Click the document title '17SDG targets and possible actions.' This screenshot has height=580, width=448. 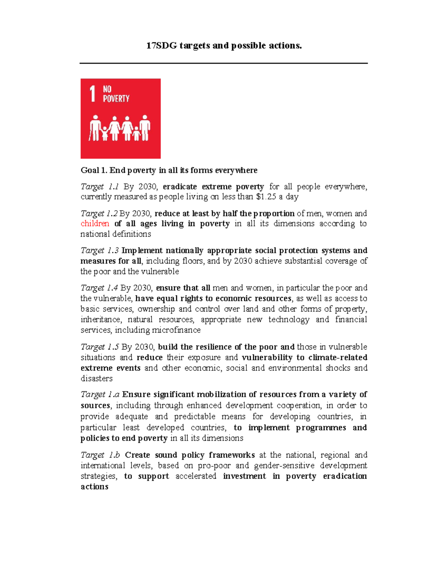click(224, 46)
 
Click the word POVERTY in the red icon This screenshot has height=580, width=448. click(116, 99)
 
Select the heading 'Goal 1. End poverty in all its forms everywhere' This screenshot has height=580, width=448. click(169, 170)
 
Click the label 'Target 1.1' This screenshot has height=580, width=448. click(99, 186)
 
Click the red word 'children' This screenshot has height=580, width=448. click(95, 223)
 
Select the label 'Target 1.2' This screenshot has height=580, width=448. click(99, 213)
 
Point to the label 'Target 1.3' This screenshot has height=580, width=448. click(99, 250)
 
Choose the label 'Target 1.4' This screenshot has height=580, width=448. click(99, 288)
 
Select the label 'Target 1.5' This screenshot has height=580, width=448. click(99, 347)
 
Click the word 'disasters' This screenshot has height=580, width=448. click(96, 378)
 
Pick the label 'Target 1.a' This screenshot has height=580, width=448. click(100, 394)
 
